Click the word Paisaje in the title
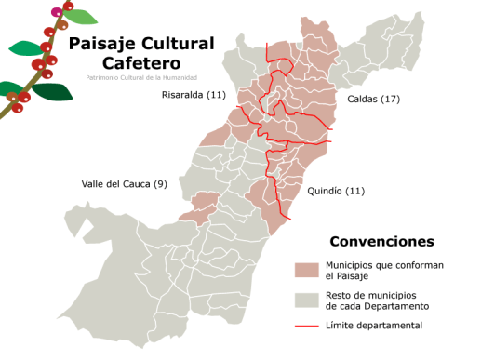point(103,44)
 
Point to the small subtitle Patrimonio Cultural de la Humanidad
point(140,77)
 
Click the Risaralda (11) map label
point(193,95)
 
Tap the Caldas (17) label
point(373,98)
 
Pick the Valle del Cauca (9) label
point(124,183)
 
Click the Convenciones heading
point(381,241)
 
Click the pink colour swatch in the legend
point(307,270)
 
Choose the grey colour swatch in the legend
point(307,300)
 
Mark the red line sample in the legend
point(307,326)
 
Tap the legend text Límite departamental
point(374,326)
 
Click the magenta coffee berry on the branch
point(57,12)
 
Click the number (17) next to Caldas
point(390,98)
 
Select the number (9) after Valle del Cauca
point(160,183)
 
